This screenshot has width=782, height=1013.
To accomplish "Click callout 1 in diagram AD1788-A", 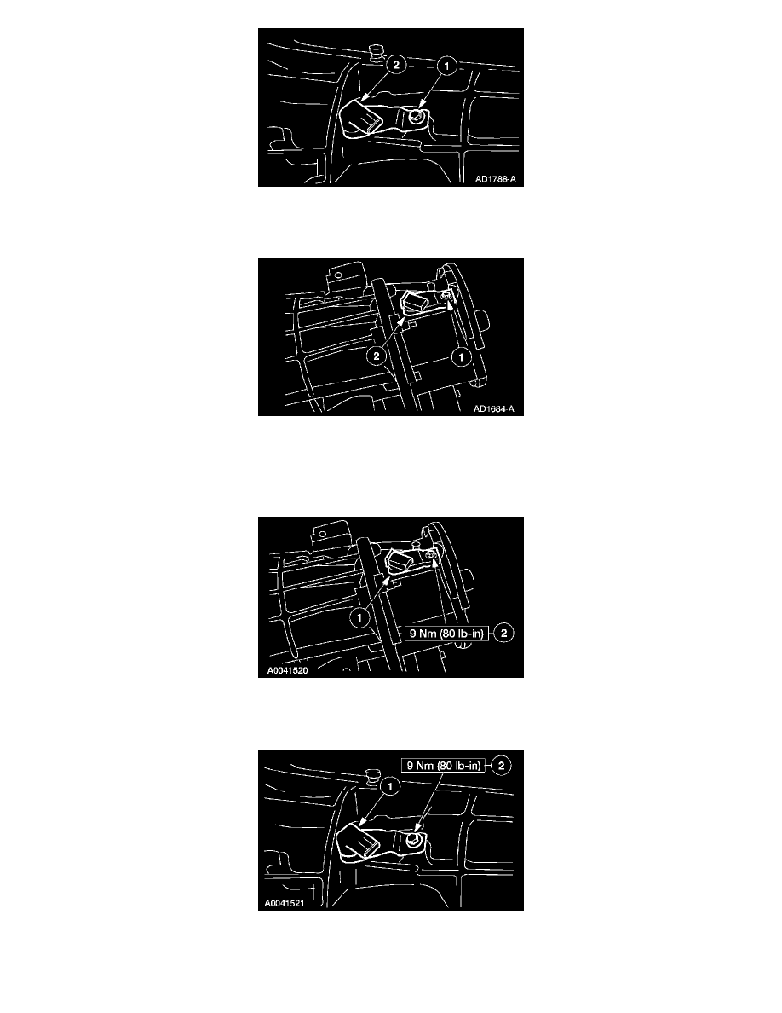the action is point(446,66).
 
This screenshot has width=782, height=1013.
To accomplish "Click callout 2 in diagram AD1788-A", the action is point(395,65).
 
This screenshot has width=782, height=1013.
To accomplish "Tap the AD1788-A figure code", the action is point(496,179).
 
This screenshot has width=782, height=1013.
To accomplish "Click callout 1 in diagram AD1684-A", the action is point(461,356).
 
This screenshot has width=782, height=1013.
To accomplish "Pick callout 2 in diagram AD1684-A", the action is point(376,356).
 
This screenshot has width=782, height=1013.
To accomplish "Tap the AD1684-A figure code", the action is point(494,409).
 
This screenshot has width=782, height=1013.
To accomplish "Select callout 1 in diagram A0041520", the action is point(359,617).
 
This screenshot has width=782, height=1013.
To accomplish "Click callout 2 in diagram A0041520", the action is point(503,633).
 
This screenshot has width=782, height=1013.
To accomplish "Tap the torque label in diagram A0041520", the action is point(446,633).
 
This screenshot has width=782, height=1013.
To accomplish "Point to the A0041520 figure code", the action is point(287,670).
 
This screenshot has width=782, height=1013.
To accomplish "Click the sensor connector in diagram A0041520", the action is point(399,561).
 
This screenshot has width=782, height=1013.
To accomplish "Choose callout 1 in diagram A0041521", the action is point(389,786).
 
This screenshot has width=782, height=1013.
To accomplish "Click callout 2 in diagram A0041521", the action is point(501,766).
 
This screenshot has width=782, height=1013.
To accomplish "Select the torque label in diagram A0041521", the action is point(443,766).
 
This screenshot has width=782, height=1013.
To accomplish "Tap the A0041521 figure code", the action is point(285,903).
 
